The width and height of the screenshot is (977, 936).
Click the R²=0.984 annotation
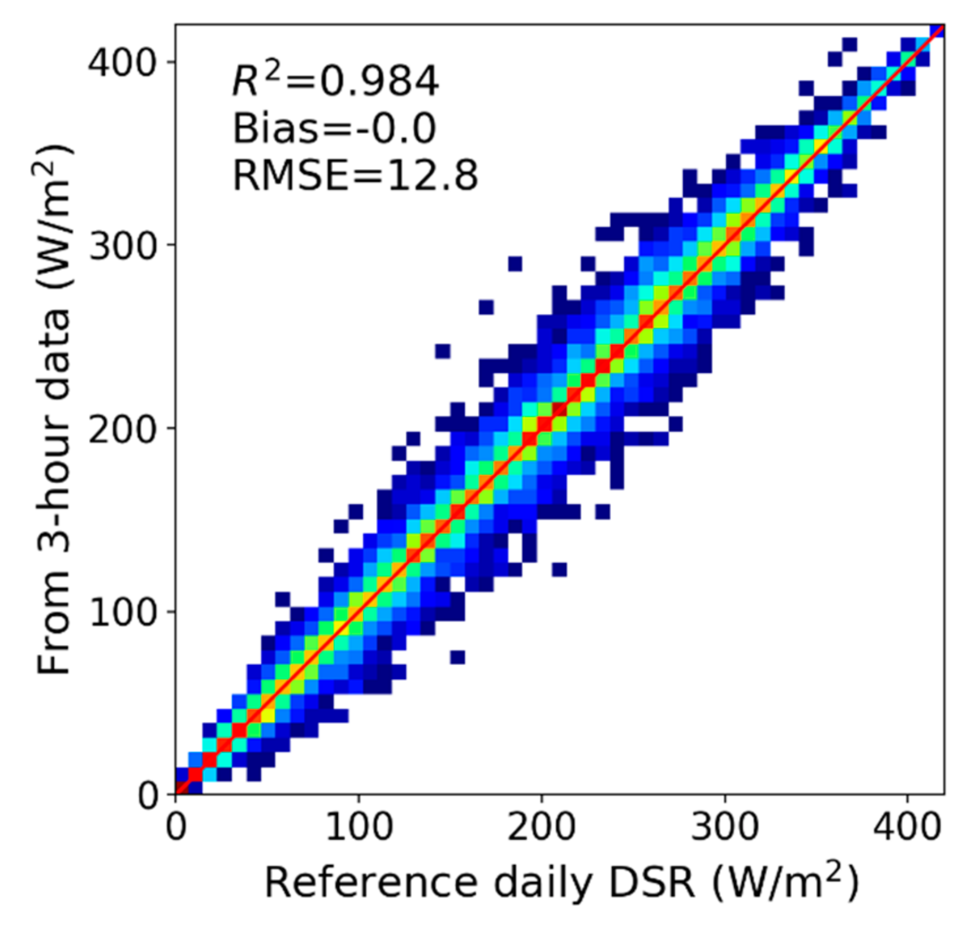(335, 80)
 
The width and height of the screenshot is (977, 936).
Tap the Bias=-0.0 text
(334, 128)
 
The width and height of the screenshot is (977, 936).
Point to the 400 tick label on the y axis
(122, 62)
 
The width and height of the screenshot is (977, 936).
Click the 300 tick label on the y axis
(122, 245)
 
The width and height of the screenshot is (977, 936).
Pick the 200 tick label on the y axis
(122, 429)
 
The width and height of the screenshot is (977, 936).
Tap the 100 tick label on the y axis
(122, 612)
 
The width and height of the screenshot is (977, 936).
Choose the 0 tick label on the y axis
(148, 795)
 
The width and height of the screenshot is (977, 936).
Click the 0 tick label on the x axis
(176, 827)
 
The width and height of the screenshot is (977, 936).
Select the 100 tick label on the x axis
(358, 827)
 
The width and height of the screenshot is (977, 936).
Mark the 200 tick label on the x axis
(542, 827)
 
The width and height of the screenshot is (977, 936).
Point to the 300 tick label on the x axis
(724, 827)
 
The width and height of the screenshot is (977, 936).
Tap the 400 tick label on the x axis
(907, 827)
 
